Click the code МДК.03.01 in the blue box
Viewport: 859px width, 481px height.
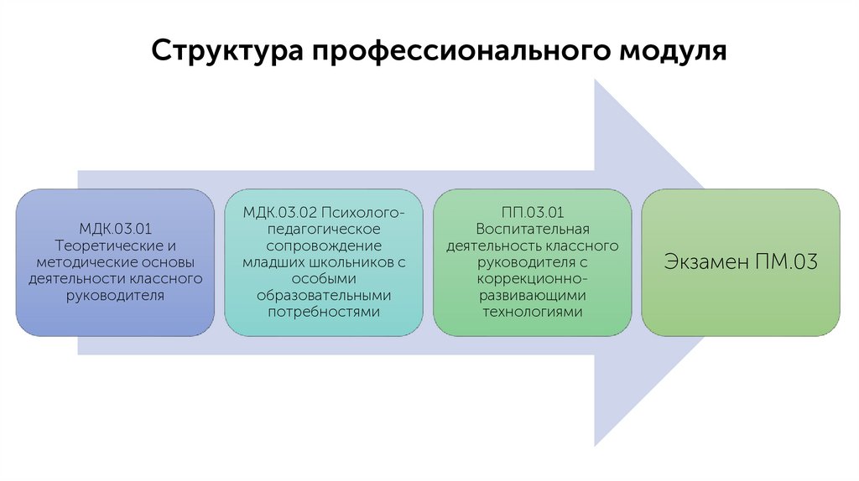(x=115, y=229)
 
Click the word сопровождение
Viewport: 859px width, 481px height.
(x=325, y=246)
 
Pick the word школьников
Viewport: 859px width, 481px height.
(x=351, y=262)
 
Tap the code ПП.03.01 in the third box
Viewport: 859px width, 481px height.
(x=532, y=213)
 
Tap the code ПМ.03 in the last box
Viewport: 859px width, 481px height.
(x=785, y=262)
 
